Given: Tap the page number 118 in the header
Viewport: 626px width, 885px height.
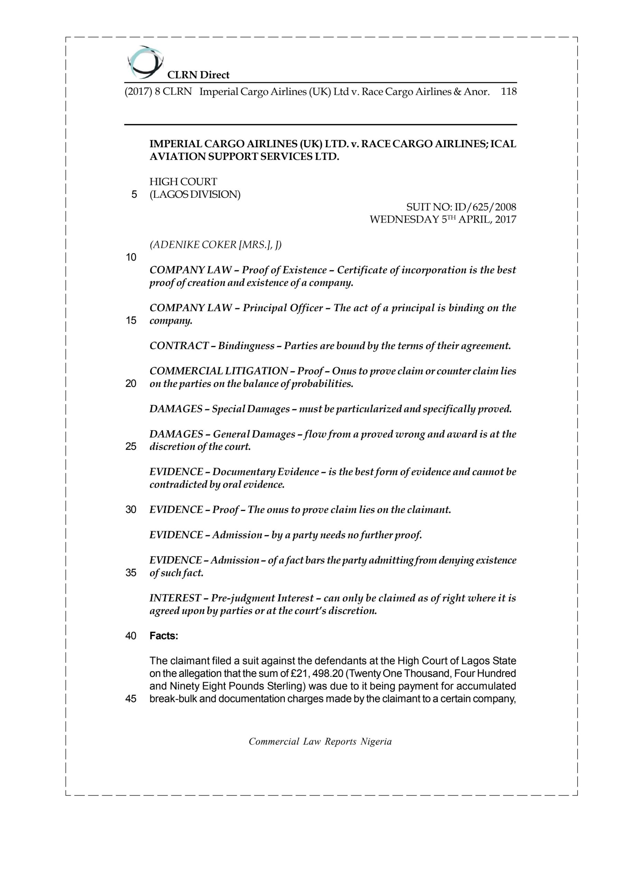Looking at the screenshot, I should click(x=508, y=92).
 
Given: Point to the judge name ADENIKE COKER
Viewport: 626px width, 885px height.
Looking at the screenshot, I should click(x=193, y=245).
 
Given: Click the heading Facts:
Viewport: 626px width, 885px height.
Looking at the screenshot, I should click(x=164, y=636).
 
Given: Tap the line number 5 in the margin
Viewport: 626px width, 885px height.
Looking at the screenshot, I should click(x=134, y=195).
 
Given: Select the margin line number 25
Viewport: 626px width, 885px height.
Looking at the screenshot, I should click(x=131, y=447).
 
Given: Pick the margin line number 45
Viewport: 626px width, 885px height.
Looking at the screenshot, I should click(x=131, y=699).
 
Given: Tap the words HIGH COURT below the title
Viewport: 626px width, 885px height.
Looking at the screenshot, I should click(x=183, y=182).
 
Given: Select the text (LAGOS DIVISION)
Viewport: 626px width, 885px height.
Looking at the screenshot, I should click(x=195, y=195).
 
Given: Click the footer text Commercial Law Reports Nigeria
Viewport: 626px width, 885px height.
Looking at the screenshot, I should click(x=320, y=742).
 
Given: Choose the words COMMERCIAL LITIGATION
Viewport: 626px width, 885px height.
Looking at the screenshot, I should click(x=218, y=371).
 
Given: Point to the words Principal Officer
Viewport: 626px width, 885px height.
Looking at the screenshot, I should click(x=282, y=308).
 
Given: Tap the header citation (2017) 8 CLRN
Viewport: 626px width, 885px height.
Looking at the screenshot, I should click(x=158, y=92).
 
